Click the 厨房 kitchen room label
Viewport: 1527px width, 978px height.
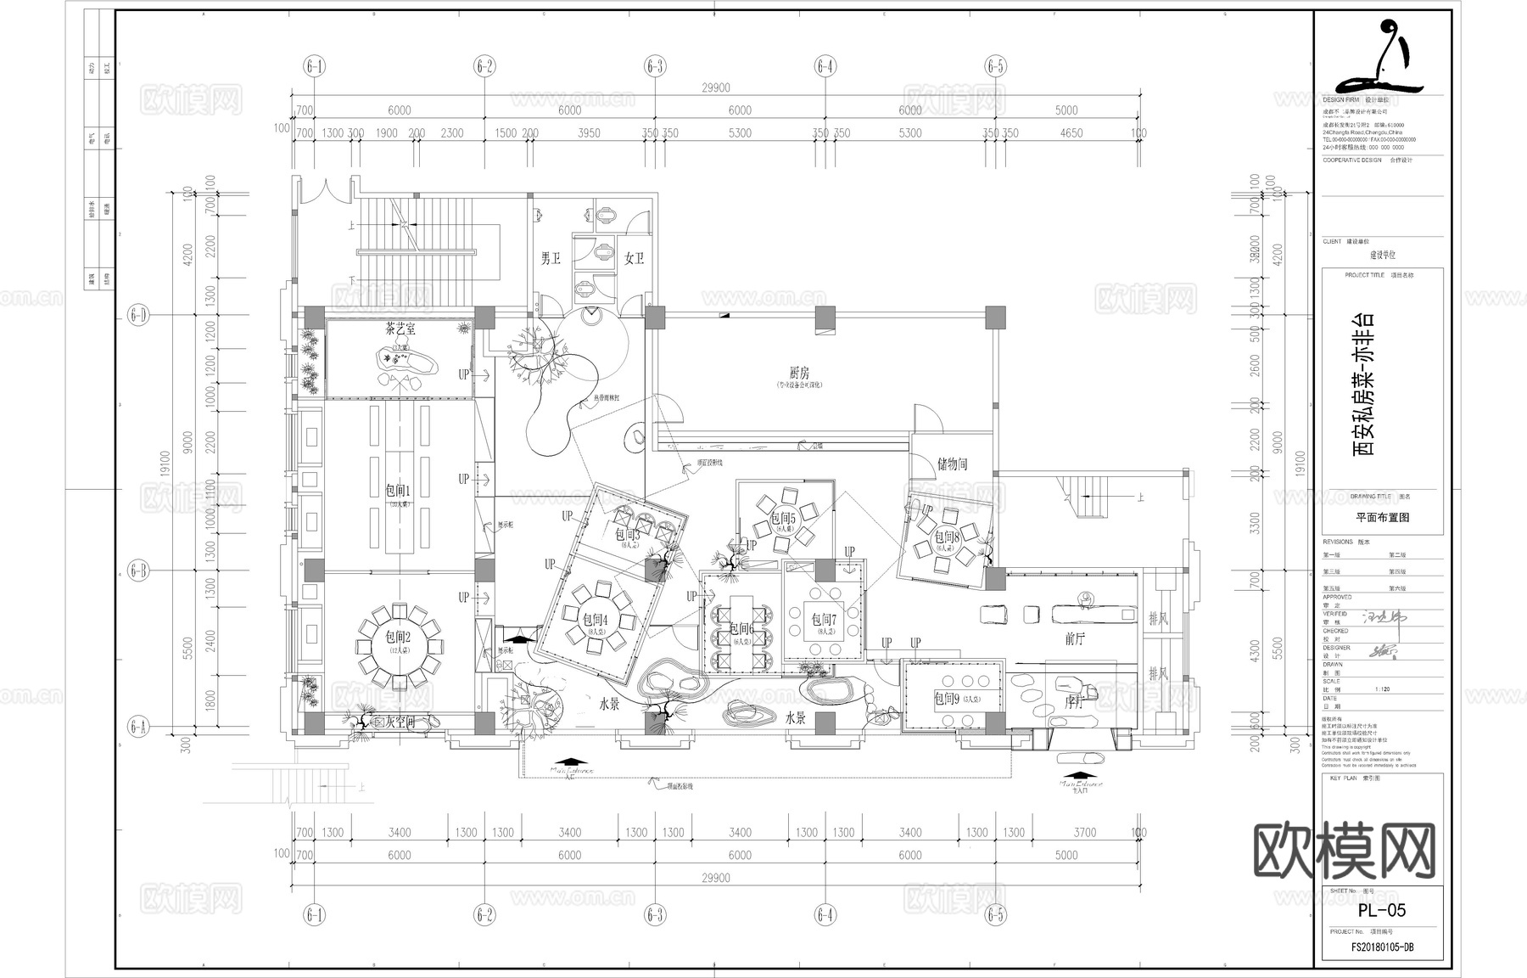[799, 373]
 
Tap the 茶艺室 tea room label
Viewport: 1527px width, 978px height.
[400, 329]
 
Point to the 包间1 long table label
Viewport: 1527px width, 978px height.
[398, 491]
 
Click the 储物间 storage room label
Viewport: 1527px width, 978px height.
[952, 464]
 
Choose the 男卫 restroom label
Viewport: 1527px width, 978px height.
[551, 258]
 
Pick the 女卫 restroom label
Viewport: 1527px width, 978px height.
[635, 258]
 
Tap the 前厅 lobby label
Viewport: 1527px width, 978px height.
[1075, 639]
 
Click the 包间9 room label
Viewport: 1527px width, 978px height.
[946, 699]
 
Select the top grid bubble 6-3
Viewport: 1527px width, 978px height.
[655, 66]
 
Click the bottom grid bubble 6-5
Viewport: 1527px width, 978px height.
[995, 915]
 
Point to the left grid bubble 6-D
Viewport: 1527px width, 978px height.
[138, 317]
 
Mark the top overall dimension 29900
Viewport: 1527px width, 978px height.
[715, 87]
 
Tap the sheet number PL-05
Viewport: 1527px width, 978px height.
[1381, 910]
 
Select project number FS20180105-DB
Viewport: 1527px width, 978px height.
[1382, 947]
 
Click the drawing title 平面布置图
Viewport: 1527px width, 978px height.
[1382, 517]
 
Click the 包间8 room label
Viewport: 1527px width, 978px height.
[947, 537]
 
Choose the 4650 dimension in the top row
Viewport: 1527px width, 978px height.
[1071, 132]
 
